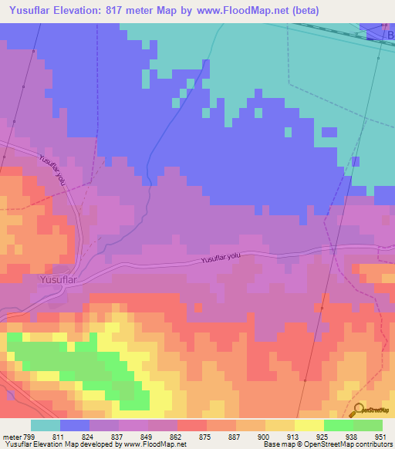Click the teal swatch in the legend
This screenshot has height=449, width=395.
[x=46, y=425]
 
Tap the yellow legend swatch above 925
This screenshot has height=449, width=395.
[x=309, y=425]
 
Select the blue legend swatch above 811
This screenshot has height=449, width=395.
[x=75, y=425]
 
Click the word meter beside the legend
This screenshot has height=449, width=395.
[x=12, y=436]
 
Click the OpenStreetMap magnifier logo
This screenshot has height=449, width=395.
[x=359, y=410]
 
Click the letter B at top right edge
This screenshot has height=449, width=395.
[x=390, y=35]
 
